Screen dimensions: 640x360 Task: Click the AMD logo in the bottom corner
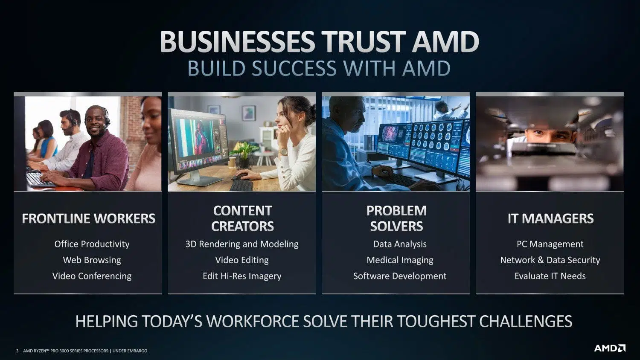(610, 348)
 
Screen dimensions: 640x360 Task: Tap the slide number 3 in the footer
(17, 351)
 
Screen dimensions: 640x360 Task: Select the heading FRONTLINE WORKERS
(89, 218)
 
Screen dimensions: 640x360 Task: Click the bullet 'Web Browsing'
(92, 260)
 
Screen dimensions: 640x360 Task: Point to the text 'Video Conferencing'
(92, 276)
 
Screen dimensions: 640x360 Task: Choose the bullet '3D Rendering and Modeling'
(242, 244)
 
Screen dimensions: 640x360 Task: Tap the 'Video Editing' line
(242, 260)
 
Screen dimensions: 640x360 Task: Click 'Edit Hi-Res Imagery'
(242, 276)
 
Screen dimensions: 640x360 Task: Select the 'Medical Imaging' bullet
(400, 260)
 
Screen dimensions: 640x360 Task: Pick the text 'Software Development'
(400, 276)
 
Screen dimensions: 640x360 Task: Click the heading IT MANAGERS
(550, 218)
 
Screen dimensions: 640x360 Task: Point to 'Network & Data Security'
(550, 260)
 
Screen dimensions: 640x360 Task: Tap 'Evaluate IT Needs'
(550, 276)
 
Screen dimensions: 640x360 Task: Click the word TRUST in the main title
(363, 41)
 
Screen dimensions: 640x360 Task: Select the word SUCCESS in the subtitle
(294, 68)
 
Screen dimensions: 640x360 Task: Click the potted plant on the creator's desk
(244, 155)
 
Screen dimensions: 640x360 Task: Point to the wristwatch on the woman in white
(283, 152)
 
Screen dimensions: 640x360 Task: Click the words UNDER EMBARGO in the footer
(130, 351)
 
